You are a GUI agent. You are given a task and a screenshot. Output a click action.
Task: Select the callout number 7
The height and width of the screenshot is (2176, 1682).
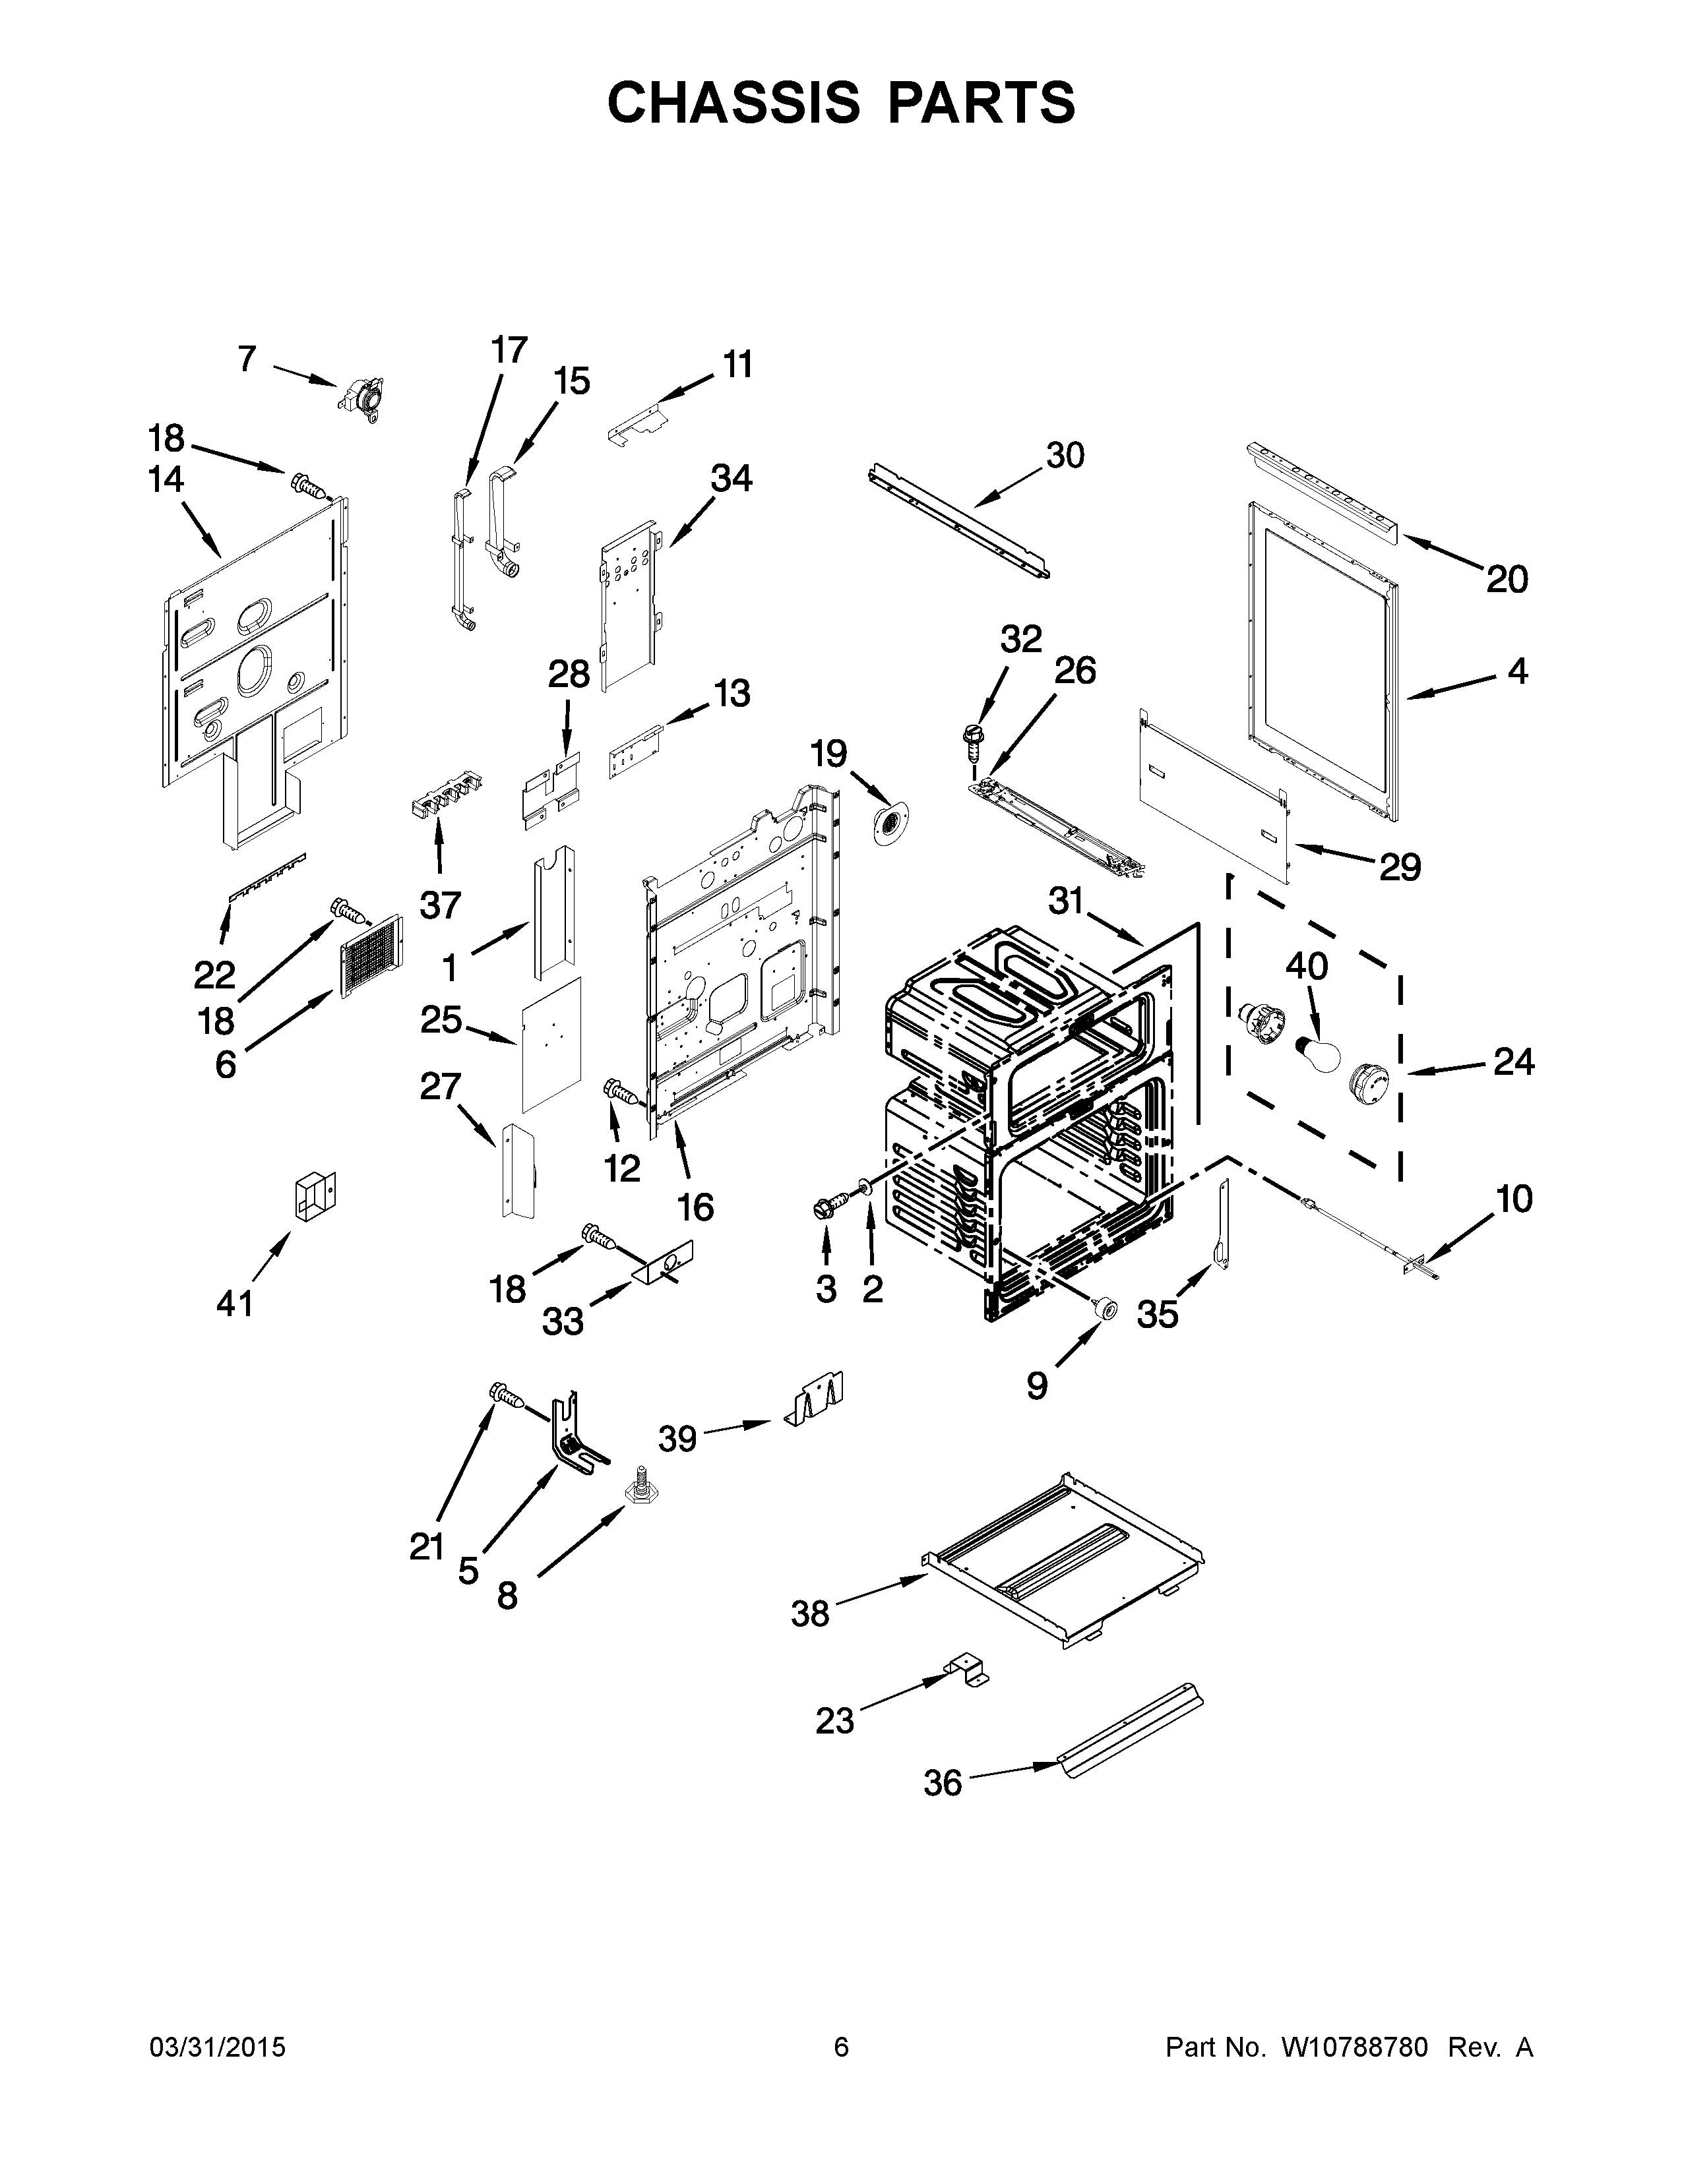(247, 359)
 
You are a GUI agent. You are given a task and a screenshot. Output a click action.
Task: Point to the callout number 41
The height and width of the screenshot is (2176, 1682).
(235, 1302)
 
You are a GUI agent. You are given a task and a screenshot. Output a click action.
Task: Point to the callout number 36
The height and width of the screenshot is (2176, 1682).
(943, 1782)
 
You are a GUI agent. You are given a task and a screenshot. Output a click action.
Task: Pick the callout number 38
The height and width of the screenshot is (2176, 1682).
(810, 1613)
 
